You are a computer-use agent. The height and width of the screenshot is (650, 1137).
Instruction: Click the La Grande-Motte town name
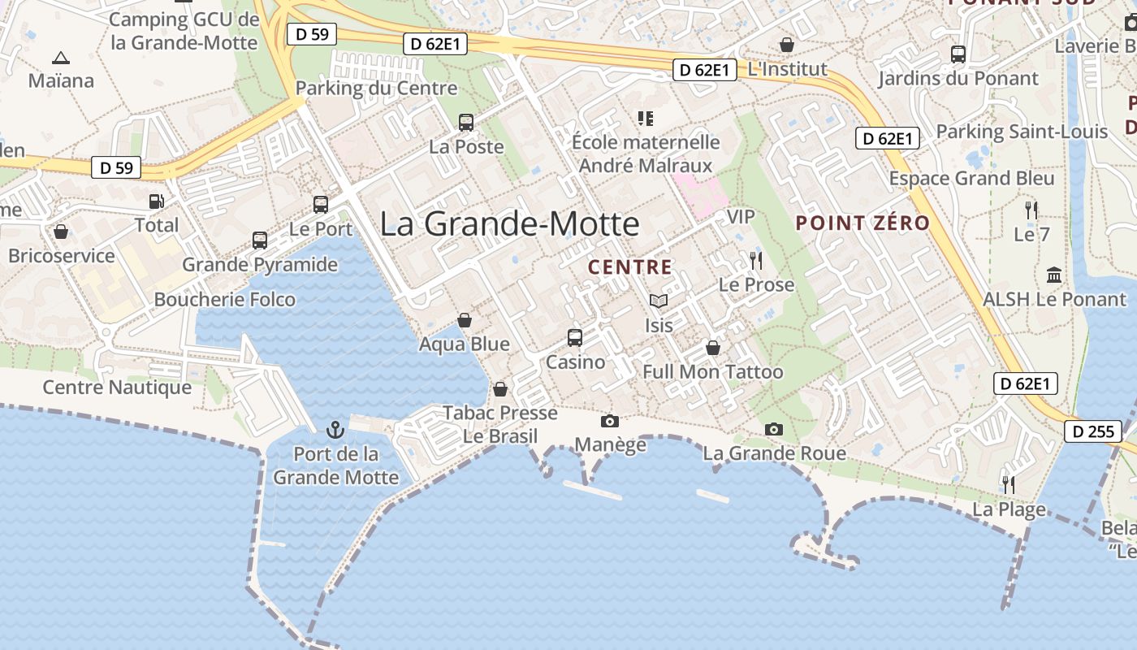509,223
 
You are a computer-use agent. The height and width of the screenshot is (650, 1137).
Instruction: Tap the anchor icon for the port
335,429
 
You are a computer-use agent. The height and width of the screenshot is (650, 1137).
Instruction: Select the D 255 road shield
1093,431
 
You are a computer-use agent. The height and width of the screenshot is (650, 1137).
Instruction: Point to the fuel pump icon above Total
156,201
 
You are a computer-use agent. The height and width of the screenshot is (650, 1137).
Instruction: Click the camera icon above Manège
609,421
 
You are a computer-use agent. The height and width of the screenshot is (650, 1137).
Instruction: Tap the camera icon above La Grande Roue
774,429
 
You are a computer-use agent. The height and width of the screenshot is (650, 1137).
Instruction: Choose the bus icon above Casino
575,337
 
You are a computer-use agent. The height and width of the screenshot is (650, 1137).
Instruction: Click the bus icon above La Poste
466,123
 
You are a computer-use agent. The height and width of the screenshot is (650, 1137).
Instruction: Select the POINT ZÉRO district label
862,223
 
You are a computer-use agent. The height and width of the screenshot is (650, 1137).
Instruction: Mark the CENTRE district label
630,267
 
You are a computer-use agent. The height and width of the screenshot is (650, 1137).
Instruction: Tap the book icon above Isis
659,301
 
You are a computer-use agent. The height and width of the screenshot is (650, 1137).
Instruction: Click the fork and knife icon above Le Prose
756,260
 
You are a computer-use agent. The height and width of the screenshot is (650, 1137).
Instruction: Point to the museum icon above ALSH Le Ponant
1054,275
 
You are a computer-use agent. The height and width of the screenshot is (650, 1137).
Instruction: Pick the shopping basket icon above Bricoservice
61,232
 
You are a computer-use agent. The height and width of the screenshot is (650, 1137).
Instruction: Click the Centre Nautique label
117,388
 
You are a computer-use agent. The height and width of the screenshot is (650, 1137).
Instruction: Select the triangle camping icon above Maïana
60,58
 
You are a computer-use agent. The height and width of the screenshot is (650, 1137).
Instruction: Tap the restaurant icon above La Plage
1009,485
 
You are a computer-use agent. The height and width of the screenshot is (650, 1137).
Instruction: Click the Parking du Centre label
376,88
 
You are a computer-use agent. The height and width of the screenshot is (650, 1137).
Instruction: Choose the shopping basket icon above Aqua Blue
465,320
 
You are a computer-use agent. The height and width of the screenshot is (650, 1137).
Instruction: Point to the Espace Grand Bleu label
972,179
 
